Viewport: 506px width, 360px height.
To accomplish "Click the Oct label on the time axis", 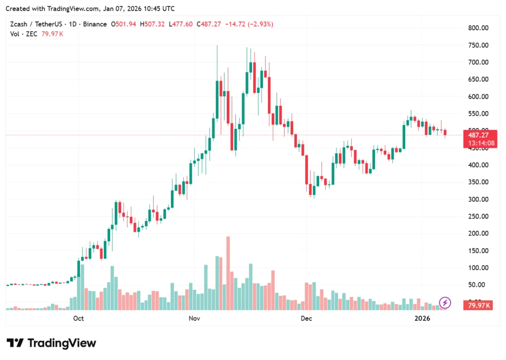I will coord(78,318).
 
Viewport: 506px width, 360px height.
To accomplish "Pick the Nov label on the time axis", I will coord(195,318).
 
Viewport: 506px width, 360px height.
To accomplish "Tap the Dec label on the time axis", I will coord(306,318).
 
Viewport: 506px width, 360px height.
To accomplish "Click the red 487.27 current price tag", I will coord(478,135).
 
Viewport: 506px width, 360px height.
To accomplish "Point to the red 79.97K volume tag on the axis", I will coord(478,306).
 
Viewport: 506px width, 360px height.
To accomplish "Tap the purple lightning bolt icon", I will coord(445,302).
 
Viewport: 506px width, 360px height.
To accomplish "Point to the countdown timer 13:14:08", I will coord(478,143).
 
